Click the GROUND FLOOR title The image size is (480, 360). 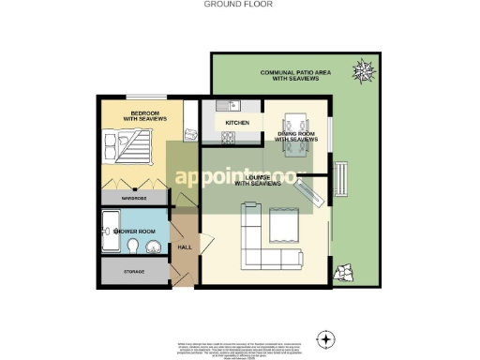[x=238, y=4]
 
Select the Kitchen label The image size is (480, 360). [x=236, y=123]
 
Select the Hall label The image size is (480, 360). [x=184, y=248]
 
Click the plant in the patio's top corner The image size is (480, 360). [x=361, y=67]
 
